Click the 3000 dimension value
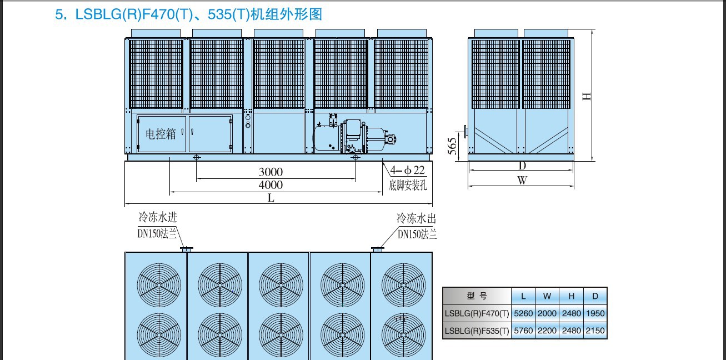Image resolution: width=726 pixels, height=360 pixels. pos(271,172)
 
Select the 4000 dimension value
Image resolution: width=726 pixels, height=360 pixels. pos(271,185)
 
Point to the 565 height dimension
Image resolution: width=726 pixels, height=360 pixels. pos(452,146)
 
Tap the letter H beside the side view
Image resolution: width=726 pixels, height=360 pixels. pos(587,96)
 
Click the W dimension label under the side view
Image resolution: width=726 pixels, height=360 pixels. pos(522,180)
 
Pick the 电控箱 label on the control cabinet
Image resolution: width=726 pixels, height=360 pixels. pos(161,134)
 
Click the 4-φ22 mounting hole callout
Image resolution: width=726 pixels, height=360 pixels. pos(407,170)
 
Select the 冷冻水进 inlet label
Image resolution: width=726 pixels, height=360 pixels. pos(158,217)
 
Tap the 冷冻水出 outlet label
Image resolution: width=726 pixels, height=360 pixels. pos(417,218)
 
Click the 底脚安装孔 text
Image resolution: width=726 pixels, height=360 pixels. pos(408,186)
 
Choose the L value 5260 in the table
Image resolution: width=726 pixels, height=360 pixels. pos(523,313)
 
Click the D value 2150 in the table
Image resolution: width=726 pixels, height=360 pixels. pos(595,331)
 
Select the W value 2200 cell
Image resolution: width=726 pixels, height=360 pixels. pos(547,331)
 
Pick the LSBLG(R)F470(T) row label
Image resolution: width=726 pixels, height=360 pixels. pos(477,313)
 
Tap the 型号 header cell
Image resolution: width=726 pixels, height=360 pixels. pos(477,296)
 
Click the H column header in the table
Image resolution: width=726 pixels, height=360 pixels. pos(571,296)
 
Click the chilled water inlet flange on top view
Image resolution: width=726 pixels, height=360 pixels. pos(187,249)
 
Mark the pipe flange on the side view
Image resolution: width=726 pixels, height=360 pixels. pos(465,132)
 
